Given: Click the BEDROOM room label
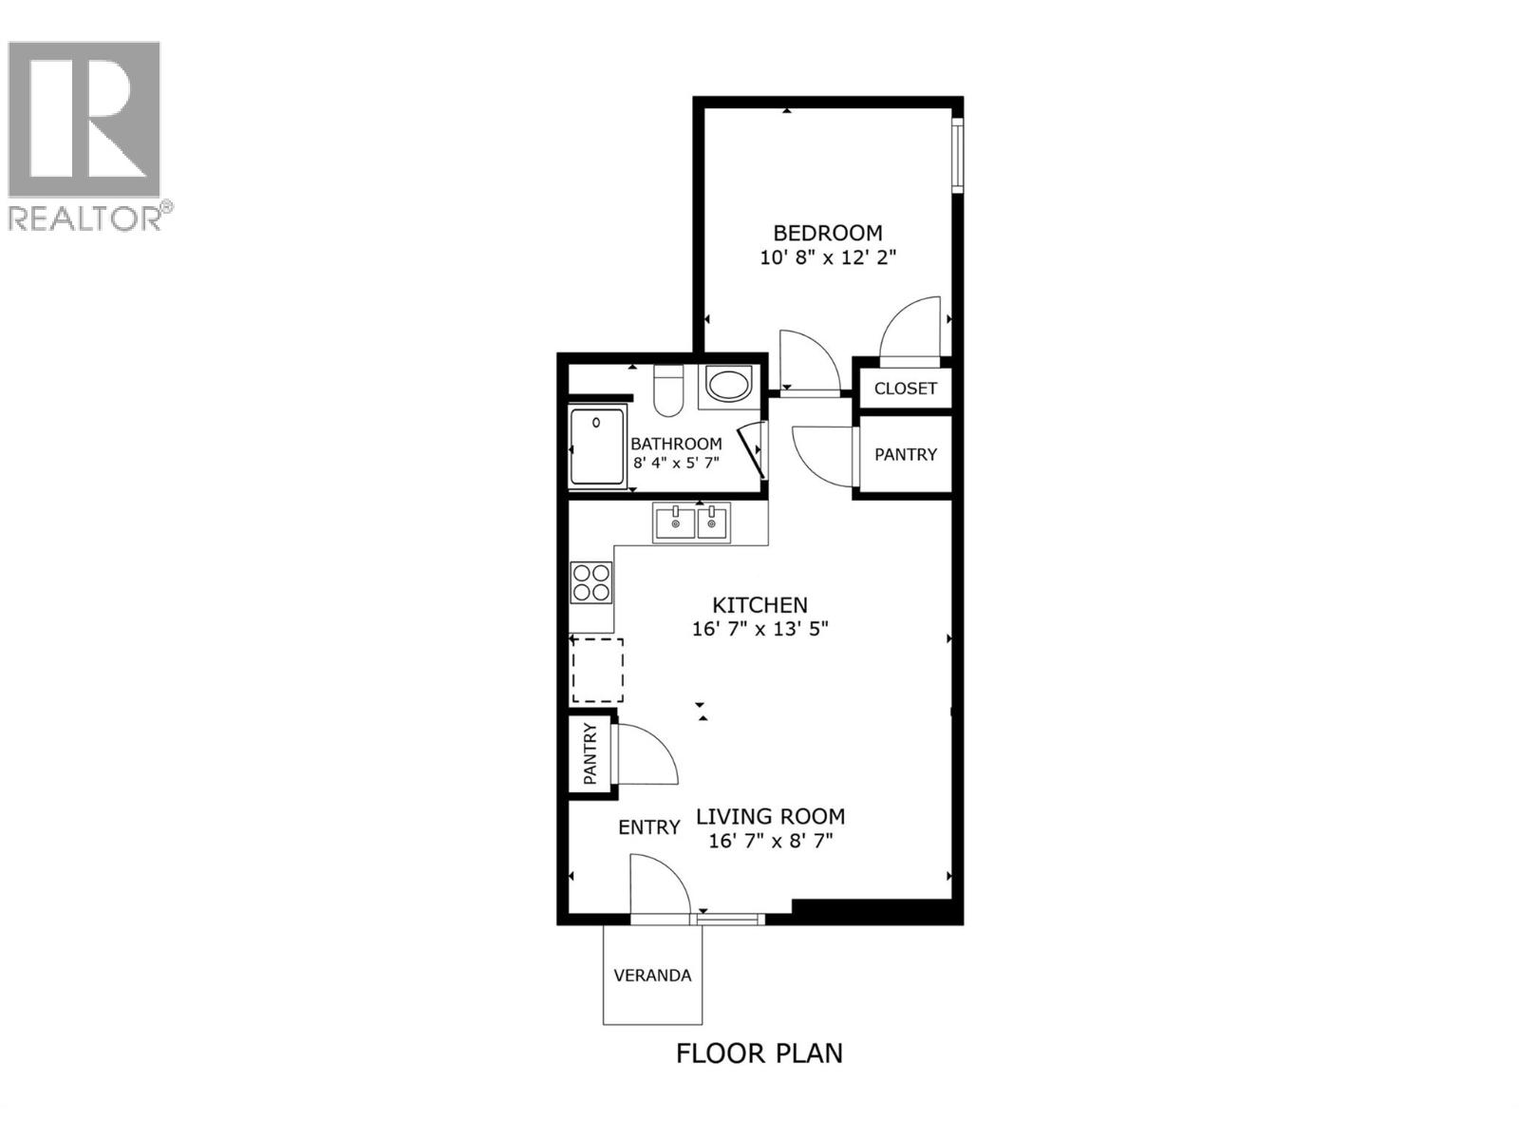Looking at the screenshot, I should tap(827, 233).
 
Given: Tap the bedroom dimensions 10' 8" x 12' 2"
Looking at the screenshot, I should tap(827, 257).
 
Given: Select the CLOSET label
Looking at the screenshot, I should tap(905, 389).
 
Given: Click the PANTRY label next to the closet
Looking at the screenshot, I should tap(905, 455).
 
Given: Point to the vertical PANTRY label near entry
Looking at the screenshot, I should tap(591, 754).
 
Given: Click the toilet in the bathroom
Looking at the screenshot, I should tap(668, 391).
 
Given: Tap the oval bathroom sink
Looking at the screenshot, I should tap(729, 386).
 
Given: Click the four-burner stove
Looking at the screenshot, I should tap(591, 581).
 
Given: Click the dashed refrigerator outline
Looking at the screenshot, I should tap(597, 670).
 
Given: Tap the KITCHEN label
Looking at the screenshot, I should tap(759, 605).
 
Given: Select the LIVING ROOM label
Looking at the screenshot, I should tap(770, 816).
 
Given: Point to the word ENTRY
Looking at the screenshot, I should tap(648, 827).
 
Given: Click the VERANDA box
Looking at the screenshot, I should tap(652, 976).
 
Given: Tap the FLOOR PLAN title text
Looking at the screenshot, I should tap(759, 1054).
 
